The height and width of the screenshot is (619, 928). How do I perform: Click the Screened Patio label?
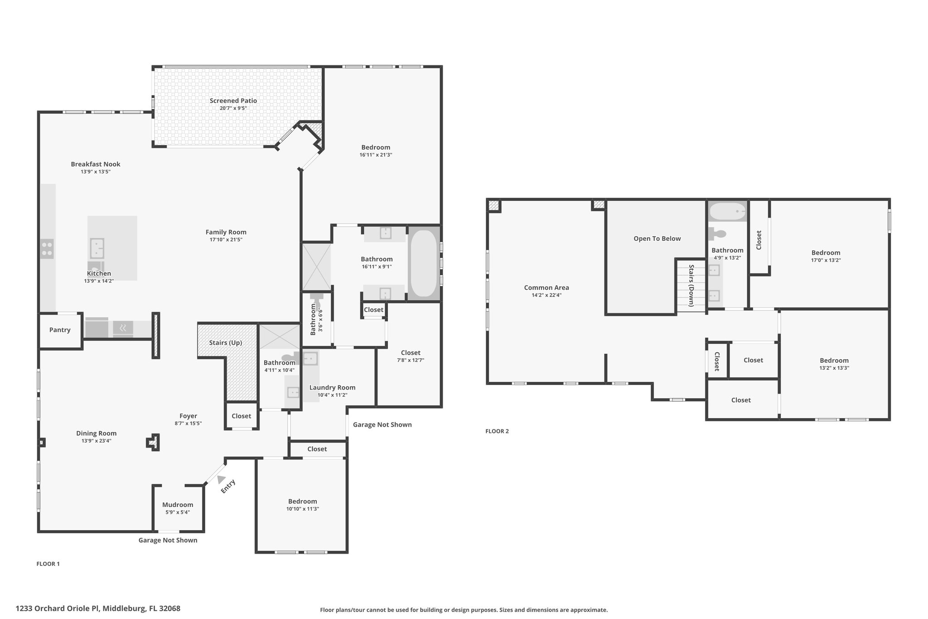233,101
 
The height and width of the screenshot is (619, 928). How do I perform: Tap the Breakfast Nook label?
96,164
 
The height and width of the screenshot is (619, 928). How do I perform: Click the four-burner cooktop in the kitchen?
47,249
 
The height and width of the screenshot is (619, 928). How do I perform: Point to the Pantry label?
60,330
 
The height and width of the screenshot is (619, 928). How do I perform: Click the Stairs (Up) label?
225,342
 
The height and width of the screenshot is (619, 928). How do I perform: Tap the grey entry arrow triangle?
221,479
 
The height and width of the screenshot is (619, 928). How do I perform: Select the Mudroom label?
178,505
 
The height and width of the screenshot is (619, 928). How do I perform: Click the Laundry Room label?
332,387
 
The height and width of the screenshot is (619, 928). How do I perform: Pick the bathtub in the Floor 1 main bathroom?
424,263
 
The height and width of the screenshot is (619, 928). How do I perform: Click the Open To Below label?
657,239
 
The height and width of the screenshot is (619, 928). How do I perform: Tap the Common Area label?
546,288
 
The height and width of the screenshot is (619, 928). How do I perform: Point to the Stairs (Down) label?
691,286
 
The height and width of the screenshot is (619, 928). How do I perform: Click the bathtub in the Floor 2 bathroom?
727,211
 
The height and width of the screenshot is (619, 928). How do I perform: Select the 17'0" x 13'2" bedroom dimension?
826,260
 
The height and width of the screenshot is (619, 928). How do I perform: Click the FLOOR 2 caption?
497,431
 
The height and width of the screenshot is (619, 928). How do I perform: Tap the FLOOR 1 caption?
48,564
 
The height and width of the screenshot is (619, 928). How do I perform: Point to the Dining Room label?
96,433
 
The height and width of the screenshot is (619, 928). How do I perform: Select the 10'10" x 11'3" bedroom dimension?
302,509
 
